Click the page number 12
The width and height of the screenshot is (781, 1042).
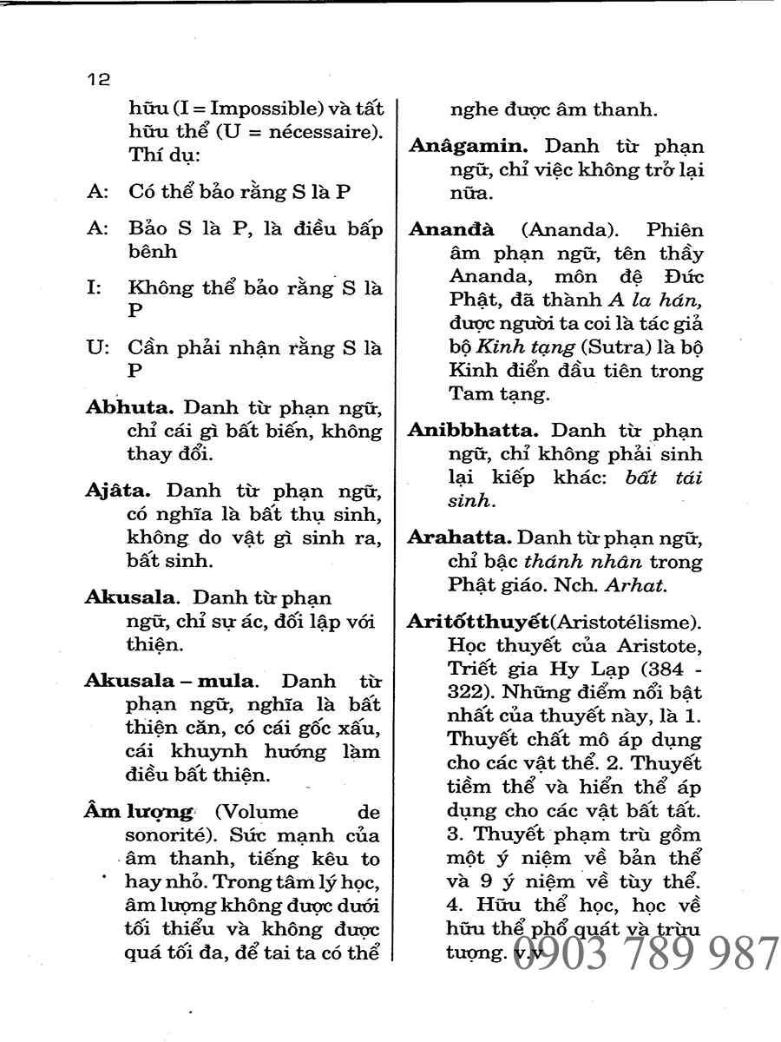click(x=98, y=80)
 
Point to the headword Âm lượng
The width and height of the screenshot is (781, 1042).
click(x=138, y=812)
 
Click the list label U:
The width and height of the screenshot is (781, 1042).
click(x=96, y=347)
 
